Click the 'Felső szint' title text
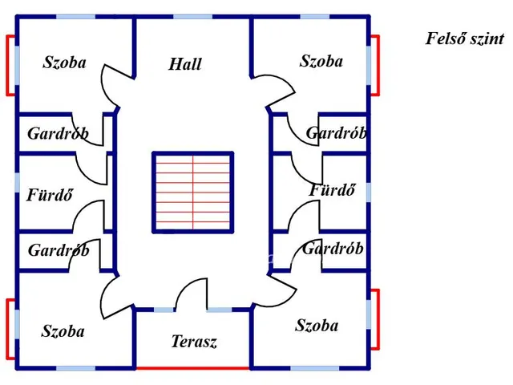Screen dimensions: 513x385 pos(465,38)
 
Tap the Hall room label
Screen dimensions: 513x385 pos(185,64)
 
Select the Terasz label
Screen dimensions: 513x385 pos(194,342)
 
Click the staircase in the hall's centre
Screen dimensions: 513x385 pos(193,192)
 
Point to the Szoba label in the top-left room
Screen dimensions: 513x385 pos(64,63)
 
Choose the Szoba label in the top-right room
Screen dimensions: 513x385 pos(321,61)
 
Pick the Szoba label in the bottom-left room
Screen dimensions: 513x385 pos(63,331)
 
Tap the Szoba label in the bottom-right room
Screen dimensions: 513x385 pos(317,326)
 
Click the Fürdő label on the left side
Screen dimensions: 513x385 pos(50,195)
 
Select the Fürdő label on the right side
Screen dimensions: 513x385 pos(332,190)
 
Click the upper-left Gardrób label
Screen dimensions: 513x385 pos(58,134)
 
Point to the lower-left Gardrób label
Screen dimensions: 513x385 pos(59,250)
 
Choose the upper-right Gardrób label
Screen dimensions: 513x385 pos(337,133)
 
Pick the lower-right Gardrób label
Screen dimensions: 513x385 pos(333,249)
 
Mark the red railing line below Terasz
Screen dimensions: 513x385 pos(192,368)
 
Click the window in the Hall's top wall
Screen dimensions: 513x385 pos(192,17)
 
